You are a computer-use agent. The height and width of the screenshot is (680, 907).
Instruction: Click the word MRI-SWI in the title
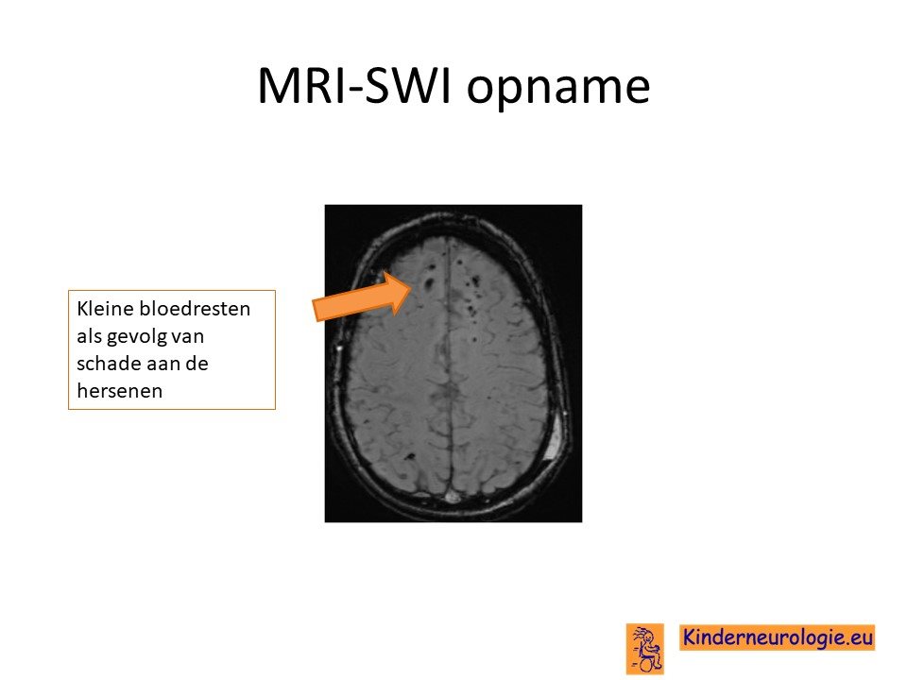tap(354, 86)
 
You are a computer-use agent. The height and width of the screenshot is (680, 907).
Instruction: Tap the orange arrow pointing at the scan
tap(363, 297)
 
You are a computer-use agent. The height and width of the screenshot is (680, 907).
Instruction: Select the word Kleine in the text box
tap(105, 308)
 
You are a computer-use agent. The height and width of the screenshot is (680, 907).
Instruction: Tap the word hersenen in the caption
tap(120, 391)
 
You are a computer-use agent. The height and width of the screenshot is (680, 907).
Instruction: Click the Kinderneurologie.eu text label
tap(777, 637)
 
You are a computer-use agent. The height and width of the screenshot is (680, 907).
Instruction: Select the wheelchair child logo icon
tap(645, 649)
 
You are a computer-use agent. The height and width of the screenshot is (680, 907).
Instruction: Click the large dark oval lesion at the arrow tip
tap(430, 283)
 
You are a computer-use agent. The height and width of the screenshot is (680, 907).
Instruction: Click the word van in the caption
tap(189, 336)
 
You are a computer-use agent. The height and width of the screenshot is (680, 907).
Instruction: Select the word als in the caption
tap(89, 336)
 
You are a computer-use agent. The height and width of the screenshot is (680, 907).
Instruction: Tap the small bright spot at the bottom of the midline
tap(452, 496)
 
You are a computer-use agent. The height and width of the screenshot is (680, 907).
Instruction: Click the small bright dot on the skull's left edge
tap(339, 348)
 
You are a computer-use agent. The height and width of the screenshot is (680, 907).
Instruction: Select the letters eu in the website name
tap(862, 637)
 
